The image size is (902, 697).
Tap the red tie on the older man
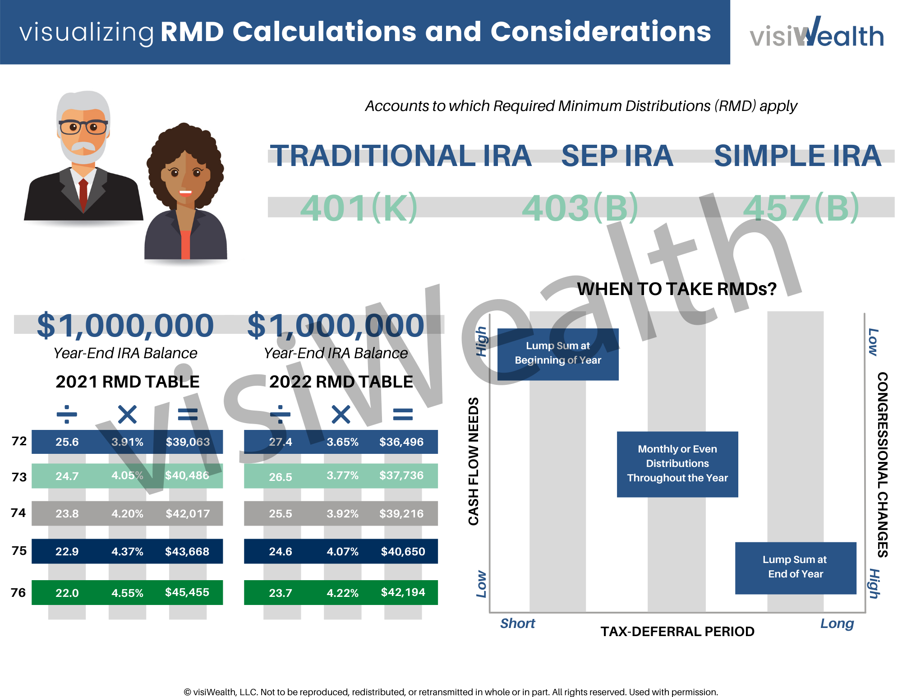click(83, 194)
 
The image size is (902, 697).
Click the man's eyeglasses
click(83, 127)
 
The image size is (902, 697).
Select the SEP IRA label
click(617, 156)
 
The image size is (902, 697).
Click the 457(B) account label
click(801, 208)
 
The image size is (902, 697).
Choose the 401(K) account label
click(359, 208)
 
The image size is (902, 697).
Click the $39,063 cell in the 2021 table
click(188, 442)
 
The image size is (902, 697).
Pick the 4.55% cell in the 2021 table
click(127, 593)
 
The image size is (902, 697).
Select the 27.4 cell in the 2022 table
click(281, 442)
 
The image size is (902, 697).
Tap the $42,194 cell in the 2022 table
click(403, 592)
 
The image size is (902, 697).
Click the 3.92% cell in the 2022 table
click(342, 513)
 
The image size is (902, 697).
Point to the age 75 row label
click(19, 551)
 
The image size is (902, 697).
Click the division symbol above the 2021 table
click(67, 414)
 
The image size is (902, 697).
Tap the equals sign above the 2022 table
click(403, 414)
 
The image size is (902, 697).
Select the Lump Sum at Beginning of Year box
click(558, 354)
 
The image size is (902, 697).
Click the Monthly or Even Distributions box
click(677, 464)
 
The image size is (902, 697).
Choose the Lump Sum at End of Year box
click(795, 568)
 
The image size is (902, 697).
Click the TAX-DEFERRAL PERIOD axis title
click(677, 631)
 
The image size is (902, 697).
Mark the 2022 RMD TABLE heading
click(341, 382)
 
